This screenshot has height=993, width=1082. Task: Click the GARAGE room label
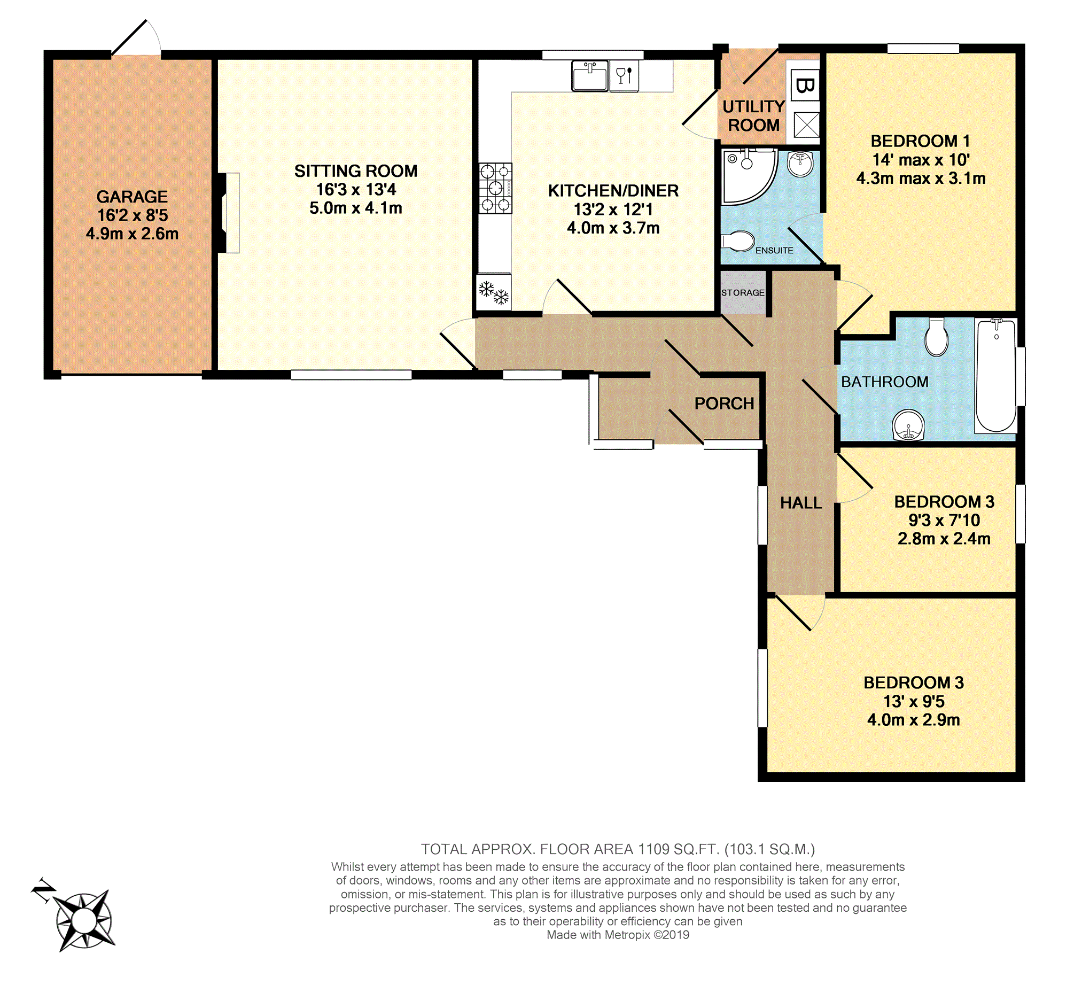tap(132, 197)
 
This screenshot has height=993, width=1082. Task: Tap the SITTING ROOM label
tap(356, 171)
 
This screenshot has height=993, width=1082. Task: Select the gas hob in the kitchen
tap(495, 188)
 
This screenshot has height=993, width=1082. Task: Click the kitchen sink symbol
tap(589, 76)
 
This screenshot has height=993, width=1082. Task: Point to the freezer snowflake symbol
tap(494, 292)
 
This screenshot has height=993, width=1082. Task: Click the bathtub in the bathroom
tap(995, 376)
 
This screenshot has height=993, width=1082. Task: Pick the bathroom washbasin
tap(908, 425)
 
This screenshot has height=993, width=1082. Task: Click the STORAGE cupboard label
tap(743, 293)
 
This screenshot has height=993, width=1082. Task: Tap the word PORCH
tap(724, 404)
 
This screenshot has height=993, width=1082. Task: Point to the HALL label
tap(801, 503)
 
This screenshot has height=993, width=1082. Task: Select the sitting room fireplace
tap(229, 213)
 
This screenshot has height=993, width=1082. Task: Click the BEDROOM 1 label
tap(920, 141)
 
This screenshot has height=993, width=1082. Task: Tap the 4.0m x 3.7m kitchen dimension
tap(613, 228)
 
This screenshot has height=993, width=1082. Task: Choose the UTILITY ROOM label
tap(754, 116)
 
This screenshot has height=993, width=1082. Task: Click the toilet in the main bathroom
tap(937, 337)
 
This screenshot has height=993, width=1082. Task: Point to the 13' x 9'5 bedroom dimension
tap(914, 701)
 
